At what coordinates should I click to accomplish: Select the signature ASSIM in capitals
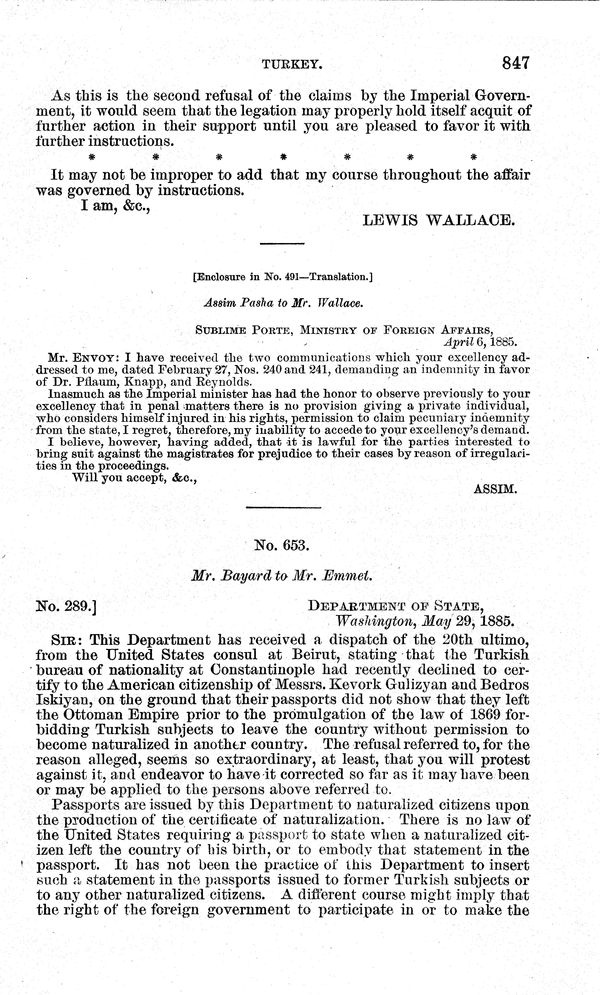coord(495,489)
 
